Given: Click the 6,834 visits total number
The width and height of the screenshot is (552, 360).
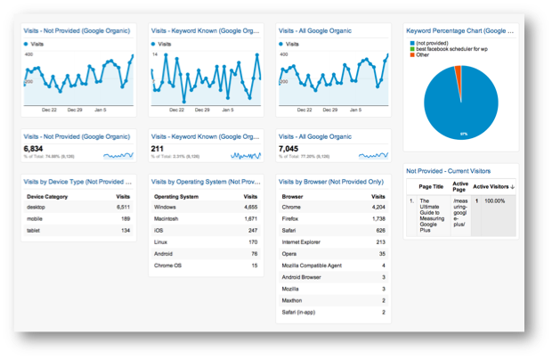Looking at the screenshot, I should click(33, 148).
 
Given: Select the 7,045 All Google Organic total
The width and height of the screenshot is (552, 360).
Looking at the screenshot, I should click(289, 148).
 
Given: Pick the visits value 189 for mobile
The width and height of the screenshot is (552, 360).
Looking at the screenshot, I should click(125, 217).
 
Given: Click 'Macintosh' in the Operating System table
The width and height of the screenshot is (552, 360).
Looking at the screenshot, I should click(169, 217).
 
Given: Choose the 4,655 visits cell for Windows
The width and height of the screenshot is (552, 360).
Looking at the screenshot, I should click(251, 206).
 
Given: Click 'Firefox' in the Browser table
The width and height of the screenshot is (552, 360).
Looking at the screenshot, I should click(292, 217).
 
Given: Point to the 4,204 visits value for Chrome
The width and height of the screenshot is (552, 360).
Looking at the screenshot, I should click(377, 206).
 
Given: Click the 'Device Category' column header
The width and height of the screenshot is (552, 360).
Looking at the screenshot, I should click(48, 194).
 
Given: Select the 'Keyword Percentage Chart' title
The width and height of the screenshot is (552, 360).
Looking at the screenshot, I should click(458, 29).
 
